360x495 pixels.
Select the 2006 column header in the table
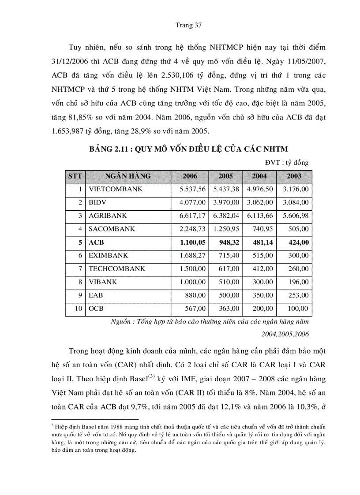pyautogui.click(x=190, y=176)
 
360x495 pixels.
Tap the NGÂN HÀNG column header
pyautogui.click(x=128, y=176)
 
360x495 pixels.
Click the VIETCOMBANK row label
pyautogui.click(x=116, y=189)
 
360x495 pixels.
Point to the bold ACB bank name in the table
pyautogui.click(x=96, y=242)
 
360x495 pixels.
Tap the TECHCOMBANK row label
pyautogui.click(x=117, y=268)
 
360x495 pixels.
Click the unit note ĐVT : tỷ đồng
pyautogui.click(x=287, y=163)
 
